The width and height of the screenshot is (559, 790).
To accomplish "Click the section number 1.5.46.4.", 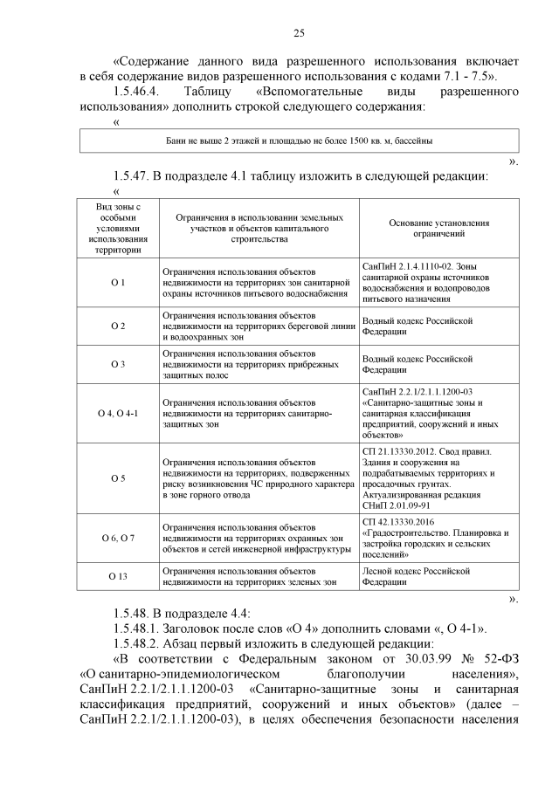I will pos(140,92).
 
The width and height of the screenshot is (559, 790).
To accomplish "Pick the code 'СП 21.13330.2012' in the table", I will pos(396,452).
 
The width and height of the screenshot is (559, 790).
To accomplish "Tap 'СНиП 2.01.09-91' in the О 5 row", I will pos(394,505).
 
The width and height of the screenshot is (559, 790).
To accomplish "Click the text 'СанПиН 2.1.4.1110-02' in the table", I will pos(404,264).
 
